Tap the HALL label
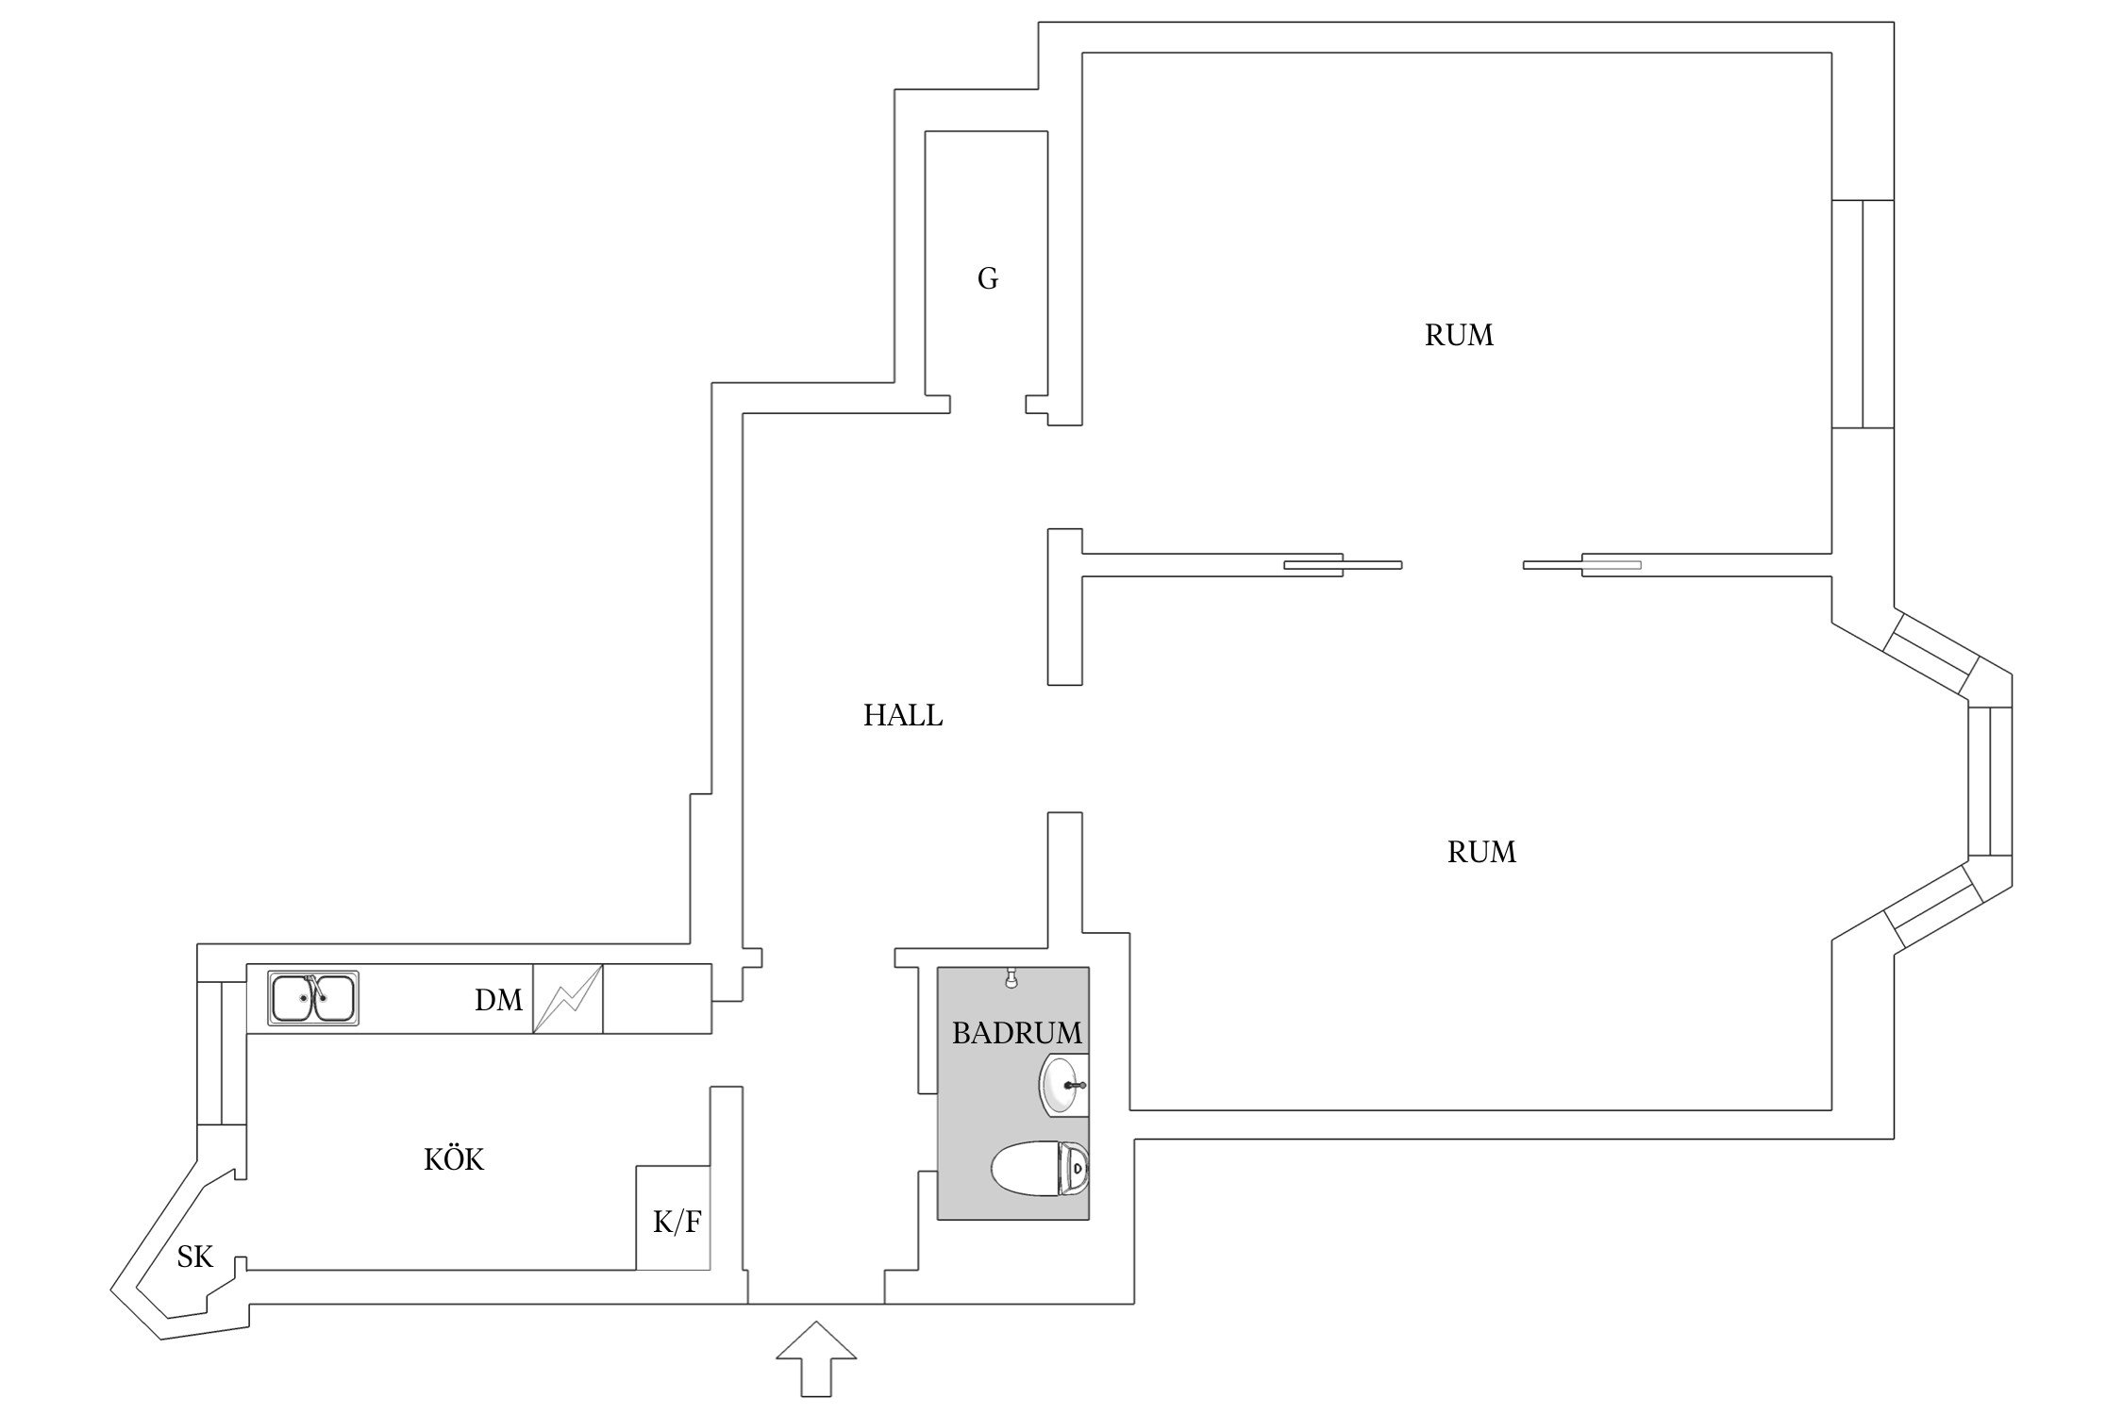click(x=903, y=716)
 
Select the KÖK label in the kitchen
click(x=454, y=1159)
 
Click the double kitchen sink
click(x=313, y=997)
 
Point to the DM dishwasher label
click(x=498, y=1000)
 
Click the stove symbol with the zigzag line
click(x=567, y=998)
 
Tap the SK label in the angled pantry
click(x=195, y=1257)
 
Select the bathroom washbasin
click(x=1062, y=1085)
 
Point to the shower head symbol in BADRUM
click(x=1011, y=978)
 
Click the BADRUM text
click(x=1016, y=1033)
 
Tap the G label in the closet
click(x=987, y=278)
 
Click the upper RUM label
click(x=1459, y=335)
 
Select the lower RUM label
click(x=1481, y=852)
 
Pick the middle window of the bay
click(x=1990, y=781)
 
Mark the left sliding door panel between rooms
click(x=1343, y=565)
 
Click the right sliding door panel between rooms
click(x=1582, y=565)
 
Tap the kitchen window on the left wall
click(x=222, y=1053)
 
